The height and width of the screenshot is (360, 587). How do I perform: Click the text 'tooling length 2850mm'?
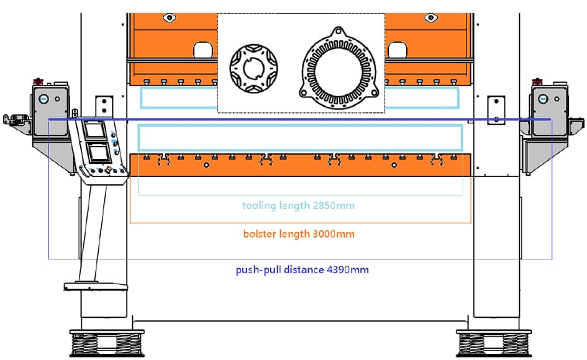(299, 205)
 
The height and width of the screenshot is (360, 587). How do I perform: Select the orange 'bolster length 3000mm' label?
(299, 235)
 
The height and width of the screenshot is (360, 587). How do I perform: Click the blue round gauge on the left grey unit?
(43, 97)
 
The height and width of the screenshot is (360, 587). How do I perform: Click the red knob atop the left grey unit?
(39, 80)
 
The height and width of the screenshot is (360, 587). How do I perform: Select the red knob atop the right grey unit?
(538, 80)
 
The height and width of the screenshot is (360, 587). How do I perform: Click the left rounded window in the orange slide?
(203, 49)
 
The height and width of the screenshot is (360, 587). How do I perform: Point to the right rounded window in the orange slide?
(396, 49)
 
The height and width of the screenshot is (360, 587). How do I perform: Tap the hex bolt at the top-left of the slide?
(168, 18)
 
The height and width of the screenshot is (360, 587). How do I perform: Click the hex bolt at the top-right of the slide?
(430, 18)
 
